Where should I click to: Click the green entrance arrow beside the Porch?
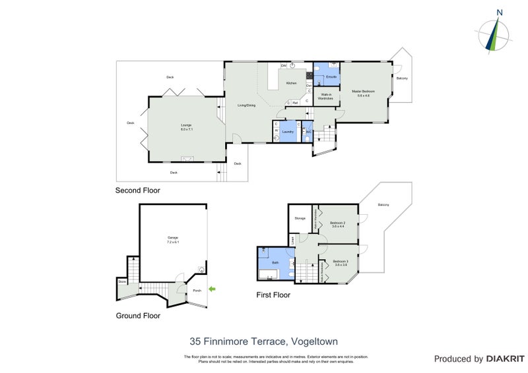(212, 289)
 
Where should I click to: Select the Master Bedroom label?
(363, 91)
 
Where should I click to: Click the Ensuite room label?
(331, 77)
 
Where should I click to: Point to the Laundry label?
(288, 132)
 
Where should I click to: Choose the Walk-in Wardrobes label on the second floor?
(326, 97)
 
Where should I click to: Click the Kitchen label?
(291, 84)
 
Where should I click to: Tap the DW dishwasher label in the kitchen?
(284, 66)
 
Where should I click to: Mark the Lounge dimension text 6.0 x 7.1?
(185, 129)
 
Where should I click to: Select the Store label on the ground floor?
(122, 281)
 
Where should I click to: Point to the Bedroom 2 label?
(338, 223)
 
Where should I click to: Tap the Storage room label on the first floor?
(300, 218)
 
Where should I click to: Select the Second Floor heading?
(137, 190)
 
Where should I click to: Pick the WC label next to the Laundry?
(308, 132)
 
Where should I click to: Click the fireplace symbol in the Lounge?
(187, 158)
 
